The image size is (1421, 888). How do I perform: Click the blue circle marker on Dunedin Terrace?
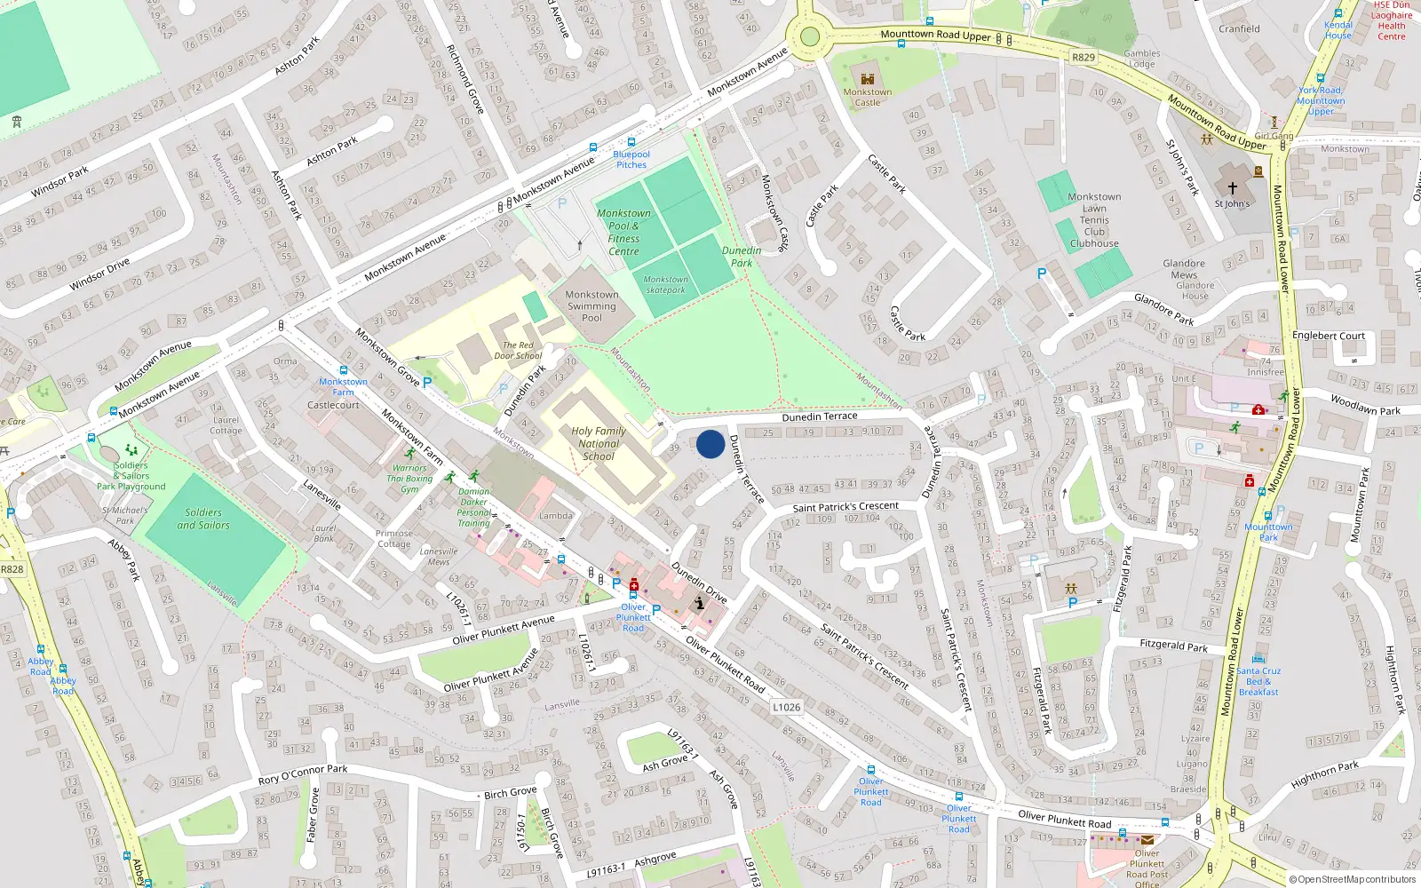710,444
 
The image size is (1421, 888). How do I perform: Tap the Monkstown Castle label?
868,97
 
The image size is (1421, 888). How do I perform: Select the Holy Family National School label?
599,443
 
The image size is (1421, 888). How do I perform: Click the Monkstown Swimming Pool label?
591,305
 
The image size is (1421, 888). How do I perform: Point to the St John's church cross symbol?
1232,188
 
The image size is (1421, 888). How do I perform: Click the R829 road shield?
1084,57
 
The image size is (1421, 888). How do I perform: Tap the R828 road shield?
12,569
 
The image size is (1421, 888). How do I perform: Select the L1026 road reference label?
786,707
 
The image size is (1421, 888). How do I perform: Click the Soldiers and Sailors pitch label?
203,519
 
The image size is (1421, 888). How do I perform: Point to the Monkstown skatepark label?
665,284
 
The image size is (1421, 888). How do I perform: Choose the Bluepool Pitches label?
631,159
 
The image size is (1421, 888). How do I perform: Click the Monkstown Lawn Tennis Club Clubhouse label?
1094,220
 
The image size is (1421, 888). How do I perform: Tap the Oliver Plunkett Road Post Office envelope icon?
1147,839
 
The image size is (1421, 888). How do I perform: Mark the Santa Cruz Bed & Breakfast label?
1258,681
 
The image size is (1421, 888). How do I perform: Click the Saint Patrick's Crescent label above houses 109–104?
845,507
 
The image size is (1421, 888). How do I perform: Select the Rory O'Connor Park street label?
303,774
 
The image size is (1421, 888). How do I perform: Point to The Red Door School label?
518,351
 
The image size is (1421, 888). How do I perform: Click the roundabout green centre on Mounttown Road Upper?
809,37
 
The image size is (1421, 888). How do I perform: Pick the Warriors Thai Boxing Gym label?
409,478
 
